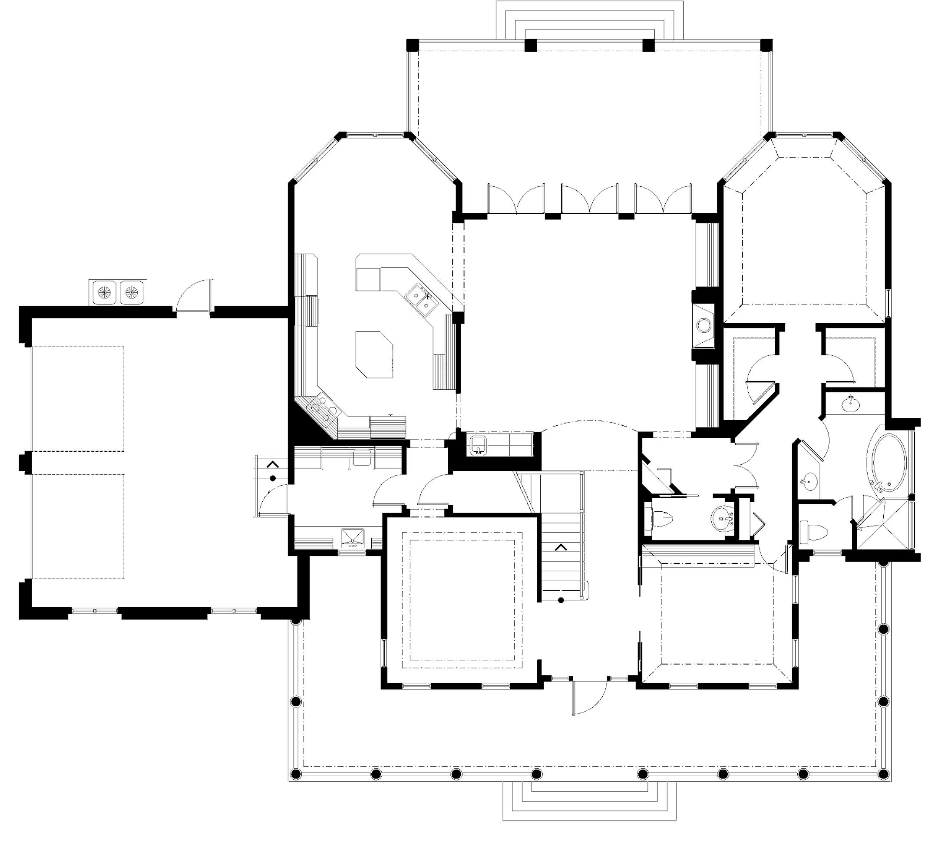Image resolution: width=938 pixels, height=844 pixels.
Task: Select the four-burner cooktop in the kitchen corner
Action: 323,409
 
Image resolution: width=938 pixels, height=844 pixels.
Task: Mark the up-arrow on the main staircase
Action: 561,548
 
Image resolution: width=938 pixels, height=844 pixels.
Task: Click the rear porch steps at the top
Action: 589,21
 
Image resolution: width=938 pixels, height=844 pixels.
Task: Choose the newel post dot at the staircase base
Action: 561,601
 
